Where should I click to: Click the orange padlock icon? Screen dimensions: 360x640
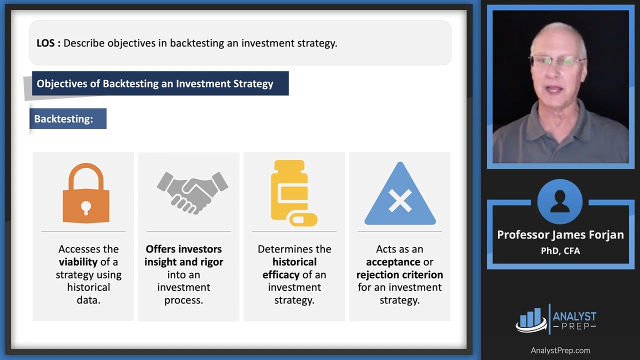(86, 194)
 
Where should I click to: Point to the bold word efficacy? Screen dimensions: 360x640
(280, 274)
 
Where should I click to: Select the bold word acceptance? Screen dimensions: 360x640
(393, 262)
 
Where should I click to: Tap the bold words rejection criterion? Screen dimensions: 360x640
(399, 274)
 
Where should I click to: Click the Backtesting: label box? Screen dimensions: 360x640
(68, 119)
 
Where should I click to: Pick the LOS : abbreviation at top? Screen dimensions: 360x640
(48, 43)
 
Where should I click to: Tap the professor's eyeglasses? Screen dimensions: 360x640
(557, 61)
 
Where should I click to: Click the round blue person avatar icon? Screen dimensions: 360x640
(560, 202)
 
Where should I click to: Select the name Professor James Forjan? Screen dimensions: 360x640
(560, 235)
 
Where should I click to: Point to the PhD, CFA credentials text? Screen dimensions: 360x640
(560, 251)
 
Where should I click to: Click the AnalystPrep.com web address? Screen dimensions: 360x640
(560, 350)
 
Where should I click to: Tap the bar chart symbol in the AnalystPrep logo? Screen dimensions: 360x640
(531, 318)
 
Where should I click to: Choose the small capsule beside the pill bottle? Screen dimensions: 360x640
(303, 219)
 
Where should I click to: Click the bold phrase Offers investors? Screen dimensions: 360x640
(183, 249)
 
